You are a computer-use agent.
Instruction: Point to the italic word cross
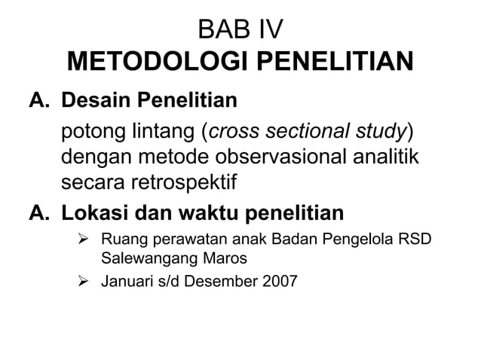pos(234,133)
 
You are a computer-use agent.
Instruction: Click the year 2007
pos(279,283)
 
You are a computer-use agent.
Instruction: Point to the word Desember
pos(222,283)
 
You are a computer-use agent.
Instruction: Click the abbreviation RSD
pos(421,242)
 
